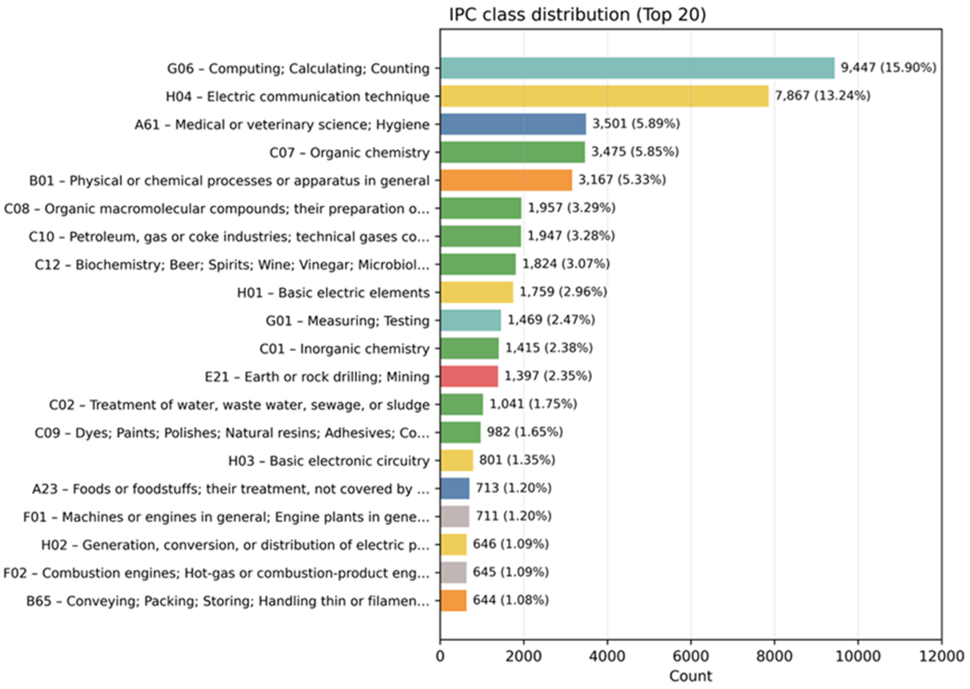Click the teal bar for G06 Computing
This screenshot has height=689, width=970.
pos(637,68)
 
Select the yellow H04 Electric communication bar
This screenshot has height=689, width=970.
pos(604,96)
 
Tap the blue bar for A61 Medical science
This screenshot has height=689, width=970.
pos(513,124)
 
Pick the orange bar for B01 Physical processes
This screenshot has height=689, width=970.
pos(506,180)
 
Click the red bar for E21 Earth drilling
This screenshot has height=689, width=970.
pos(469,376)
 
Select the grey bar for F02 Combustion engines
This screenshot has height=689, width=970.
pos(453,572)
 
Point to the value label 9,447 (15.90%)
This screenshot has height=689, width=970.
pos(888,67)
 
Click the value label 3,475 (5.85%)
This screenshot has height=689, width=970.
pos(635,151)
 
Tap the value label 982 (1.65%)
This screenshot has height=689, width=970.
pos(524,432)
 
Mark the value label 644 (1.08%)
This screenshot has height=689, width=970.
pos(510,600)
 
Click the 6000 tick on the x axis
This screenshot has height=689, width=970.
pos(691,656)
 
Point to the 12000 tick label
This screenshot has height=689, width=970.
pos(941,656)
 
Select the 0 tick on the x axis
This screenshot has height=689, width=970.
pos(440,656)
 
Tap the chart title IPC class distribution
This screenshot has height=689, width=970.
pos(577,15)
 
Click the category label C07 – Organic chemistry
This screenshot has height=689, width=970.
pos(349,152)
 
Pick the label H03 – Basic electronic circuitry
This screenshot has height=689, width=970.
pos(329,461)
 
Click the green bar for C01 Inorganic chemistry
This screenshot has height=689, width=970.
pos(469,348)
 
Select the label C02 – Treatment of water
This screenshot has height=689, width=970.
pos(239,405)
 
